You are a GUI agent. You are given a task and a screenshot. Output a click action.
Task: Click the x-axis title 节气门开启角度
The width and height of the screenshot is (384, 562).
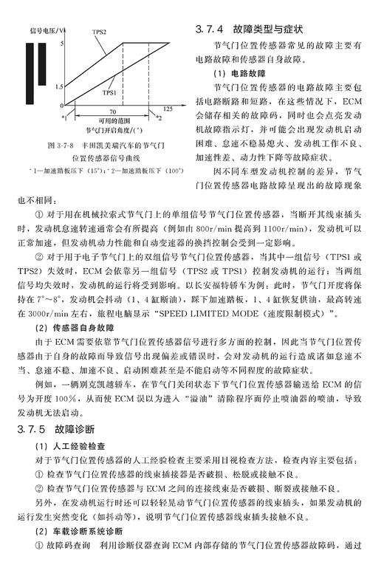click(111, 128)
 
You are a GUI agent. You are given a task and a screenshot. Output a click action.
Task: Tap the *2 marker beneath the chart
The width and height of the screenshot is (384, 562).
click(157, 117)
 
